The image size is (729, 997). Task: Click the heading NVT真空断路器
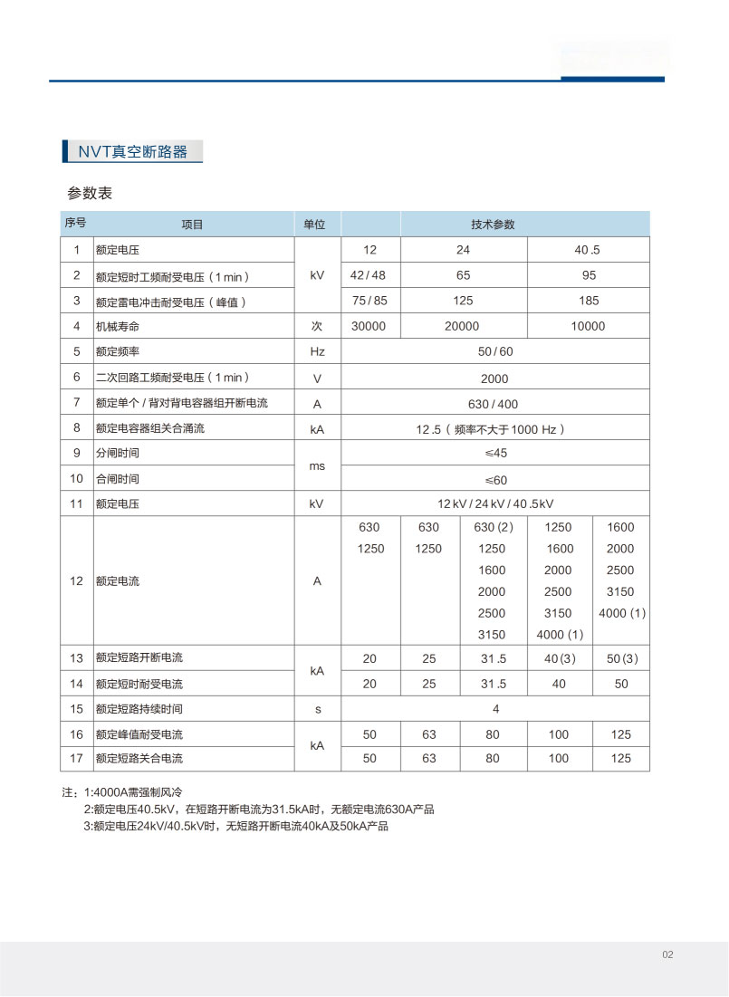[x=132, y=151]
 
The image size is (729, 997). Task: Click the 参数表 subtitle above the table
[x=89, y=193]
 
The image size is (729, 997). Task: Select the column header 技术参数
[x=493, y=225]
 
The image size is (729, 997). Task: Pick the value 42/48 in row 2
[x=368, y=275]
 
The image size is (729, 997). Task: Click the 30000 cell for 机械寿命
[x=369, y=326]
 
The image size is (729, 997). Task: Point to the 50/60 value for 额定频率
[x=495, y=351]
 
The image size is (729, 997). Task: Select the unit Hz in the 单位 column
[x=317, y=351]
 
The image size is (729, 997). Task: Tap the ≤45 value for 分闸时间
[x=495, y=453]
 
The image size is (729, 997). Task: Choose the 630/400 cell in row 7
[x=494, y=404]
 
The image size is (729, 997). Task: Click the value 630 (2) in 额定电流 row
[x=494, y=527]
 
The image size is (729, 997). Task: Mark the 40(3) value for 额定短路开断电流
[x=559, y=658]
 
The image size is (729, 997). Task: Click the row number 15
[x=77, y=709]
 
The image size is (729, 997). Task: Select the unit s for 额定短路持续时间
[x=317, y=709]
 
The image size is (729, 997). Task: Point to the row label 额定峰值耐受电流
[x=139, y=734]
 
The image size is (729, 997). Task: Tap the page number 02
[x=668, y=954]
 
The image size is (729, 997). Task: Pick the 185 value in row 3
[x=589, y=301]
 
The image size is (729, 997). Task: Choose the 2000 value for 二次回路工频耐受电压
[x=495, y=379]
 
